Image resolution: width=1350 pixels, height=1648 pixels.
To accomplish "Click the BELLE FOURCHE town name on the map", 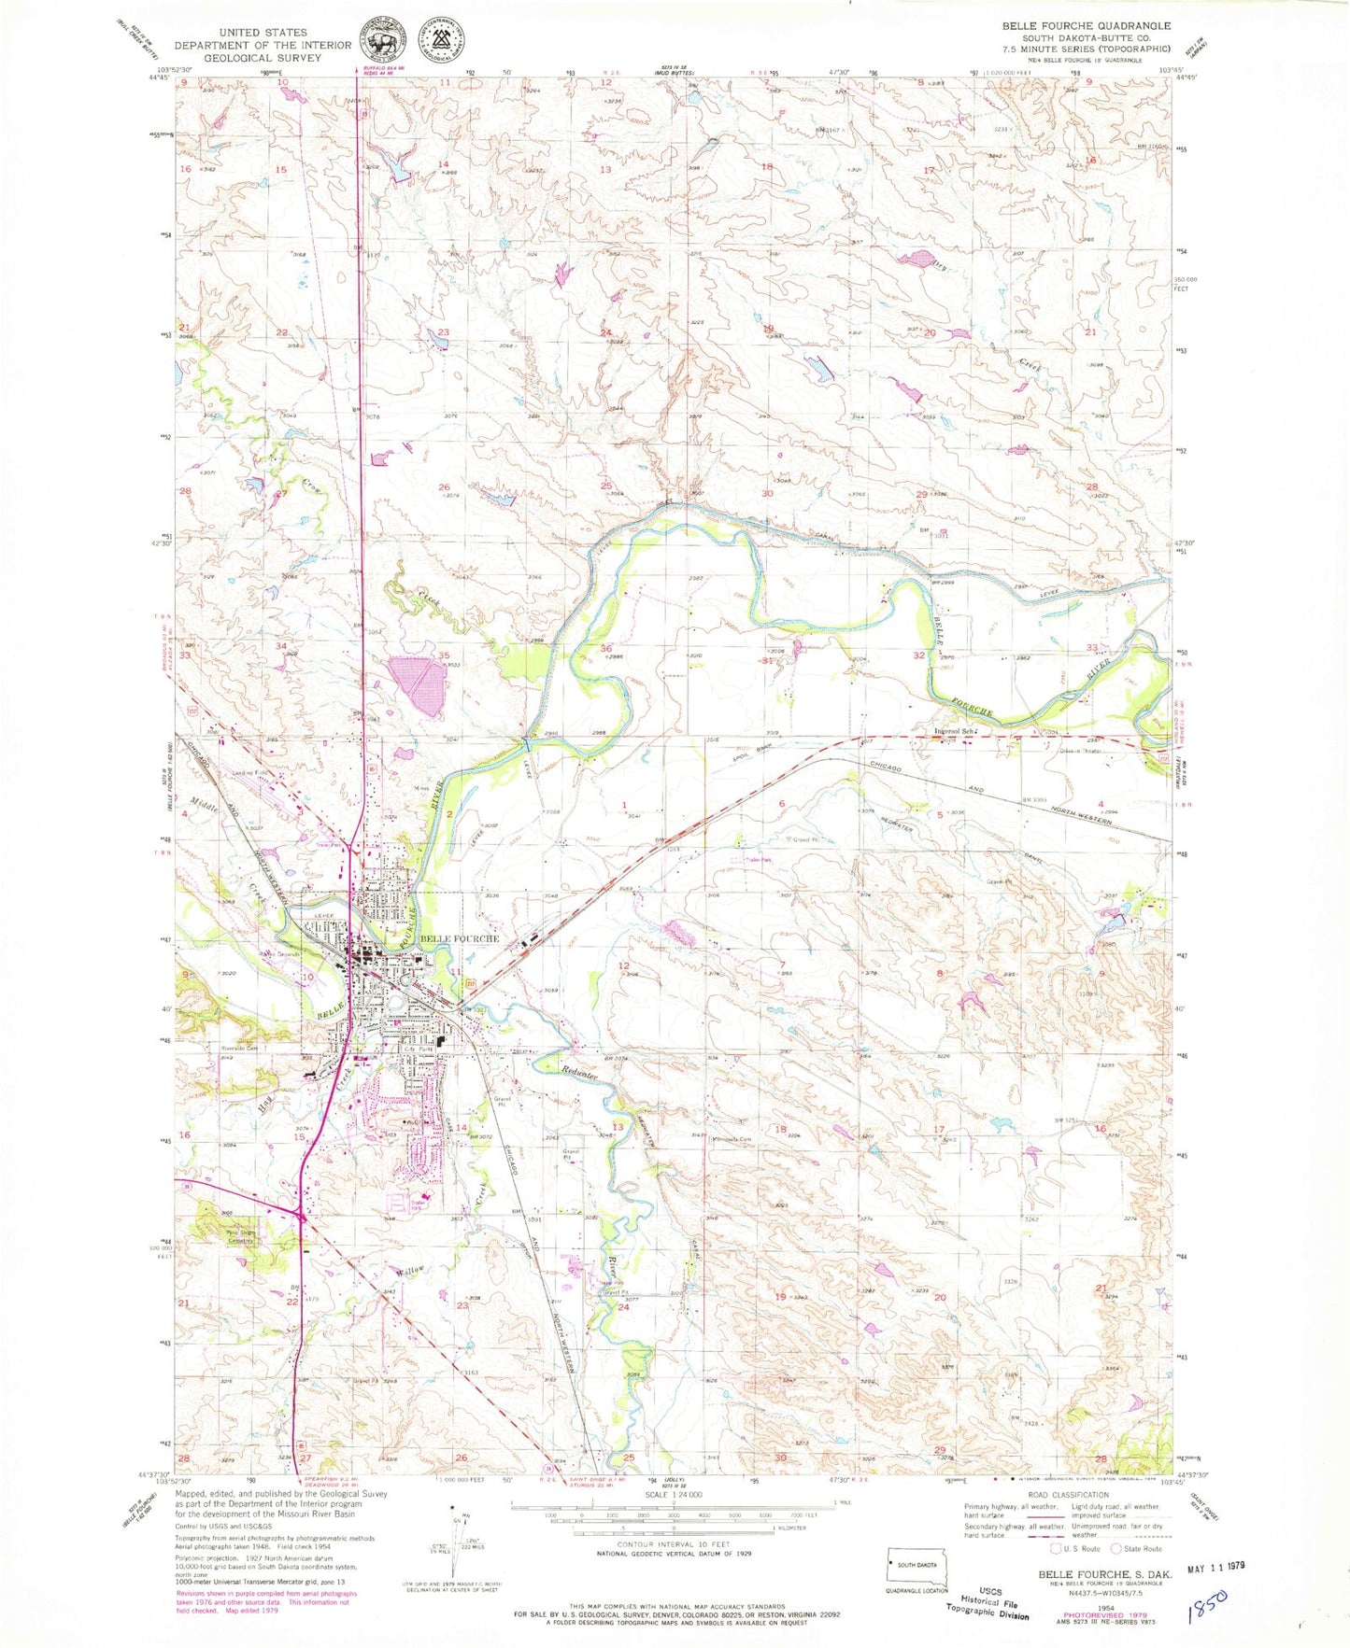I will [460, 938].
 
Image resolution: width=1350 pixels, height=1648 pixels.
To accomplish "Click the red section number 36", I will [606, 648].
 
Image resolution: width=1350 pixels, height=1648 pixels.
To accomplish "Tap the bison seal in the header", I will [383, 42].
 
